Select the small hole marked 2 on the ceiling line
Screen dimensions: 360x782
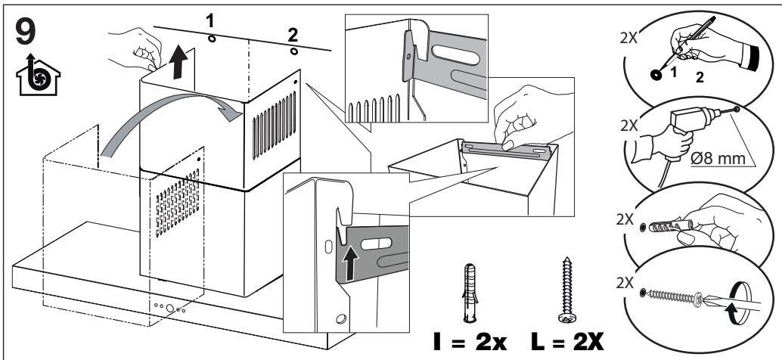(x=293, y=51)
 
